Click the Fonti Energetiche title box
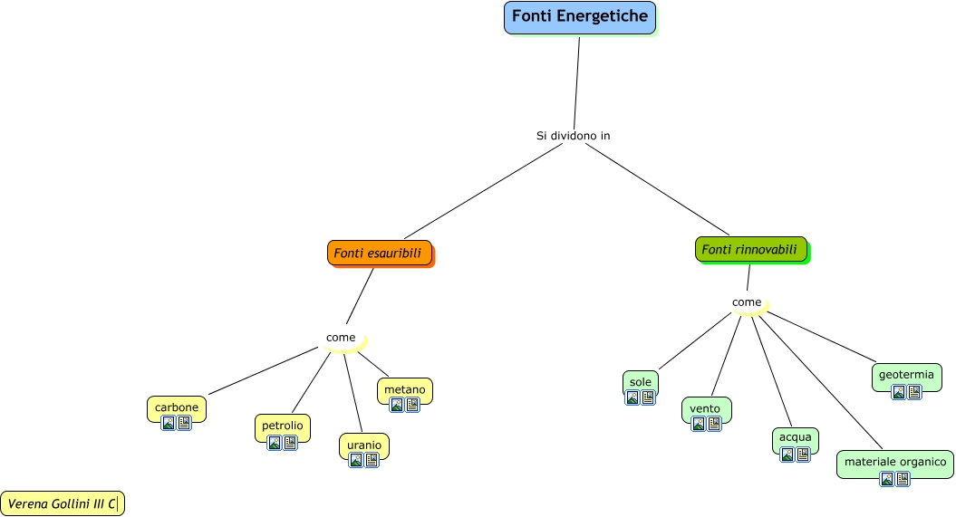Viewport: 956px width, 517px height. pos(579,17)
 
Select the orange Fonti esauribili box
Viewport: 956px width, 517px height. pos(379,254)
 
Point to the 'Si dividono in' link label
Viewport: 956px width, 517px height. pos(573,136)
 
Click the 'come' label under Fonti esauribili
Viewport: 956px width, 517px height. pos(341,338)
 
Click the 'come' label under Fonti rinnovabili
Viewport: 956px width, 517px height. pos(747,302)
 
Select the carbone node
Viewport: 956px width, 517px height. pos(177,407)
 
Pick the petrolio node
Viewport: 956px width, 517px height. pos(283,425)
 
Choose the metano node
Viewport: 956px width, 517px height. pos(404,389)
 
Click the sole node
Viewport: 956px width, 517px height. pos(641,382)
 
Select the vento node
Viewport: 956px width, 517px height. pos(705,408)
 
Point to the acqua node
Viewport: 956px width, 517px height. pos(795,438)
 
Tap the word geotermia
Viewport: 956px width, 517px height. pos(906,374)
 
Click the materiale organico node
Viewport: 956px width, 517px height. pos(894,462)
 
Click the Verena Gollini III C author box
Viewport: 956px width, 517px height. pos(63,503)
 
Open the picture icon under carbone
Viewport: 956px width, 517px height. pos(169,423)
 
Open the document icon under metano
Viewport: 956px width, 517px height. pos(412,405)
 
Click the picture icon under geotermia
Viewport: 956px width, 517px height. pos(899,392)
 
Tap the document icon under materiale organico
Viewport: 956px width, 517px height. pos(903,479)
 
